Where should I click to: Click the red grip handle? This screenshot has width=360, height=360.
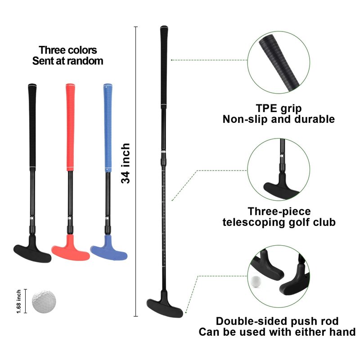[x=70, y=127]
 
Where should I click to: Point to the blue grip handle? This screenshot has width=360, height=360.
[x=108, y=128]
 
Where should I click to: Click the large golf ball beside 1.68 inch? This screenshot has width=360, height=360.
[x=44, y=301]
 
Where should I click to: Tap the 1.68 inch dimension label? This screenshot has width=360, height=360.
[x=18, y=301]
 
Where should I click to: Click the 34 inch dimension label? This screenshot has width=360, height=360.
[x=126, y=163]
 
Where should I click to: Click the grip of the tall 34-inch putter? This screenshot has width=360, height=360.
[x=164, y=67]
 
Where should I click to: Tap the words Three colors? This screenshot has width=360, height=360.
[x=68, y=50]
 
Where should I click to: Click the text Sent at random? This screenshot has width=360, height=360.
[x=67, y=61]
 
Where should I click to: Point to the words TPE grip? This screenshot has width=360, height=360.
[x=279, y=108]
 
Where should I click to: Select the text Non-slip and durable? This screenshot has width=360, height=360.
[x=279, y=119]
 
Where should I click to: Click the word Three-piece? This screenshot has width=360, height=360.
[x=279, y=211]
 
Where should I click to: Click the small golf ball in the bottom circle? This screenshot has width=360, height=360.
[x=256, y=281]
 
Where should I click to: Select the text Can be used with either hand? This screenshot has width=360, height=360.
[x=277, y=332]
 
